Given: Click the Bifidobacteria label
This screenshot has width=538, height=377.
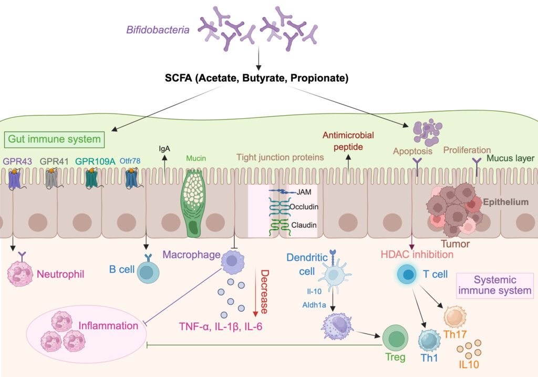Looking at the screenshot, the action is click(158, 30).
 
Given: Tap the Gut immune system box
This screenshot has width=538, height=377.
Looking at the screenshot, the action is click(55, 139).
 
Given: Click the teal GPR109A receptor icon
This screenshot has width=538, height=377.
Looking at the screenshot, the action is click(91, 178).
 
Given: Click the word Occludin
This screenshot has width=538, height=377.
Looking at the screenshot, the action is click(304, 207).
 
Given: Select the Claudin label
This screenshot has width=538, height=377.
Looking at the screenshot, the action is click(304, 225).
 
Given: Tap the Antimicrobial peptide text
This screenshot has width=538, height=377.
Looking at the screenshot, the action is click(348, 141).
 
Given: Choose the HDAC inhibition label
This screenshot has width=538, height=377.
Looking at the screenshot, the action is click(417, 254).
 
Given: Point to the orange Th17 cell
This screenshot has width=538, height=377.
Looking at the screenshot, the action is click(454, 317).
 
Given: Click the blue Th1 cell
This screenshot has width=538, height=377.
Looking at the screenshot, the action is click(429, 340).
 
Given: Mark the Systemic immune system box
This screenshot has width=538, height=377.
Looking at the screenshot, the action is click(495, 285).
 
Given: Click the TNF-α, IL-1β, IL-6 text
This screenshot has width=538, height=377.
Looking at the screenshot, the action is click(221, 327).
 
